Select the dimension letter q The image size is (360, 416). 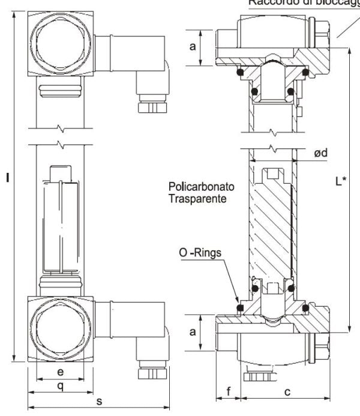pos(60,386)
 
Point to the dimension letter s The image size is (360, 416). pos(98,400)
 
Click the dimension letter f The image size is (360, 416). pos(228,392)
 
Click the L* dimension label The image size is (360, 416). pos(340,180)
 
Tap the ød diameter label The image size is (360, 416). pos(321,154)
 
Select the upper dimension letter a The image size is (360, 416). pos(193,46)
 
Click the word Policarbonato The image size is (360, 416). pos(201,187)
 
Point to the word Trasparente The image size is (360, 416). pos(197,197)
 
